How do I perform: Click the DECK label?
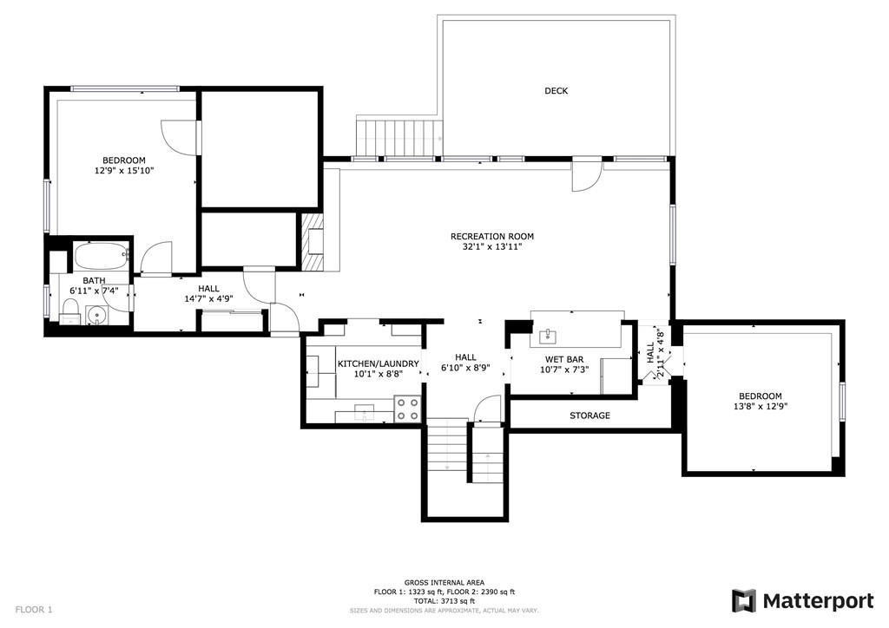pyautogui.click(x=556, y=91)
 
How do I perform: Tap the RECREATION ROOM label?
pyautogui.click(x=491, y=236)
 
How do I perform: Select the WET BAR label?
pyautogui.click(x=563, y=359)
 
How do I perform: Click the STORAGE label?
pyautogui.click(x=589, y=415)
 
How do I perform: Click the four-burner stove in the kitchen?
pyautogui.click(x=407, y=409)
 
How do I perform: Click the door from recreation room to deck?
pyautogui.click(x=586, y=174)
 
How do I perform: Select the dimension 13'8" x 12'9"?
pyautogui.click(x=761, y=405)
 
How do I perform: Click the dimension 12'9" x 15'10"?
pyautogui.click(x=124, y=171)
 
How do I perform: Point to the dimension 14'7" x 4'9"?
pyautogui.click(x=208, y=299)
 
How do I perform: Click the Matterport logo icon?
pyautogui.click(x=744, y=600)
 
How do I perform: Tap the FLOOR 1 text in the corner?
pyautogui.click(x=34, y=610)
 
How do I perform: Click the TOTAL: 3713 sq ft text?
pyautogui.click(x=444, y=601)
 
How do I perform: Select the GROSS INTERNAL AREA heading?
pyautogui.click(x=444, y=582)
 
